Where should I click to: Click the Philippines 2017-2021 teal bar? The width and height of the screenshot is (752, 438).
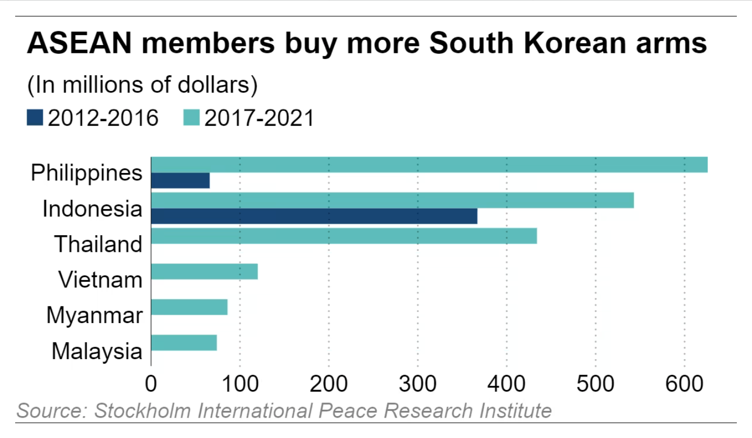[x=429, y=164]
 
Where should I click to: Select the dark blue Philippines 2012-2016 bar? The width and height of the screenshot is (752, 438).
[x=180, y=180]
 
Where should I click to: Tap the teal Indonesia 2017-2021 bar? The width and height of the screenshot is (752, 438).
[x=392, y=200]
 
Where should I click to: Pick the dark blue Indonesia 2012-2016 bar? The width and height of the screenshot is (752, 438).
[x=314, y=216]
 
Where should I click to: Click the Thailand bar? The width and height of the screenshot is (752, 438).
[x=344, y=236]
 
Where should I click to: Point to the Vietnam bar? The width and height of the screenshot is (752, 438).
[x=204, y=272]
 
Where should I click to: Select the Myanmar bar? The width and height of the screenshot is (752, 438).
[x=189, y=307]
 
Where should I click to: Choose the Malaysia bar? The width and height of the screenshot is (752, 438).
[x=184, y=343]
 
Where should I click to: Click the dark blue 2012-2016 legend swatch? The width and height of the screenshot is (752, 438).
[x=35, y=118]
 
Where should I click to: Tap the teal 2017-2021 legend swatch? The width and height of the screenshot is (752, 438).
[x=192, y=118]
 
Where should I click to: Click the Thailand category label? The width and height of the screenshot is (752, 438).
[x=98, y=244]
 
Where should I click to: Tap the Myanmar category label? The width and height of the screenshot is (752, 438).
[x=94, y=316]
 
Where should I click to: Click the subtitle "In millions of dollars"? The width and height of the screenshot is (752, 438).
[x=142, y=85]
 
